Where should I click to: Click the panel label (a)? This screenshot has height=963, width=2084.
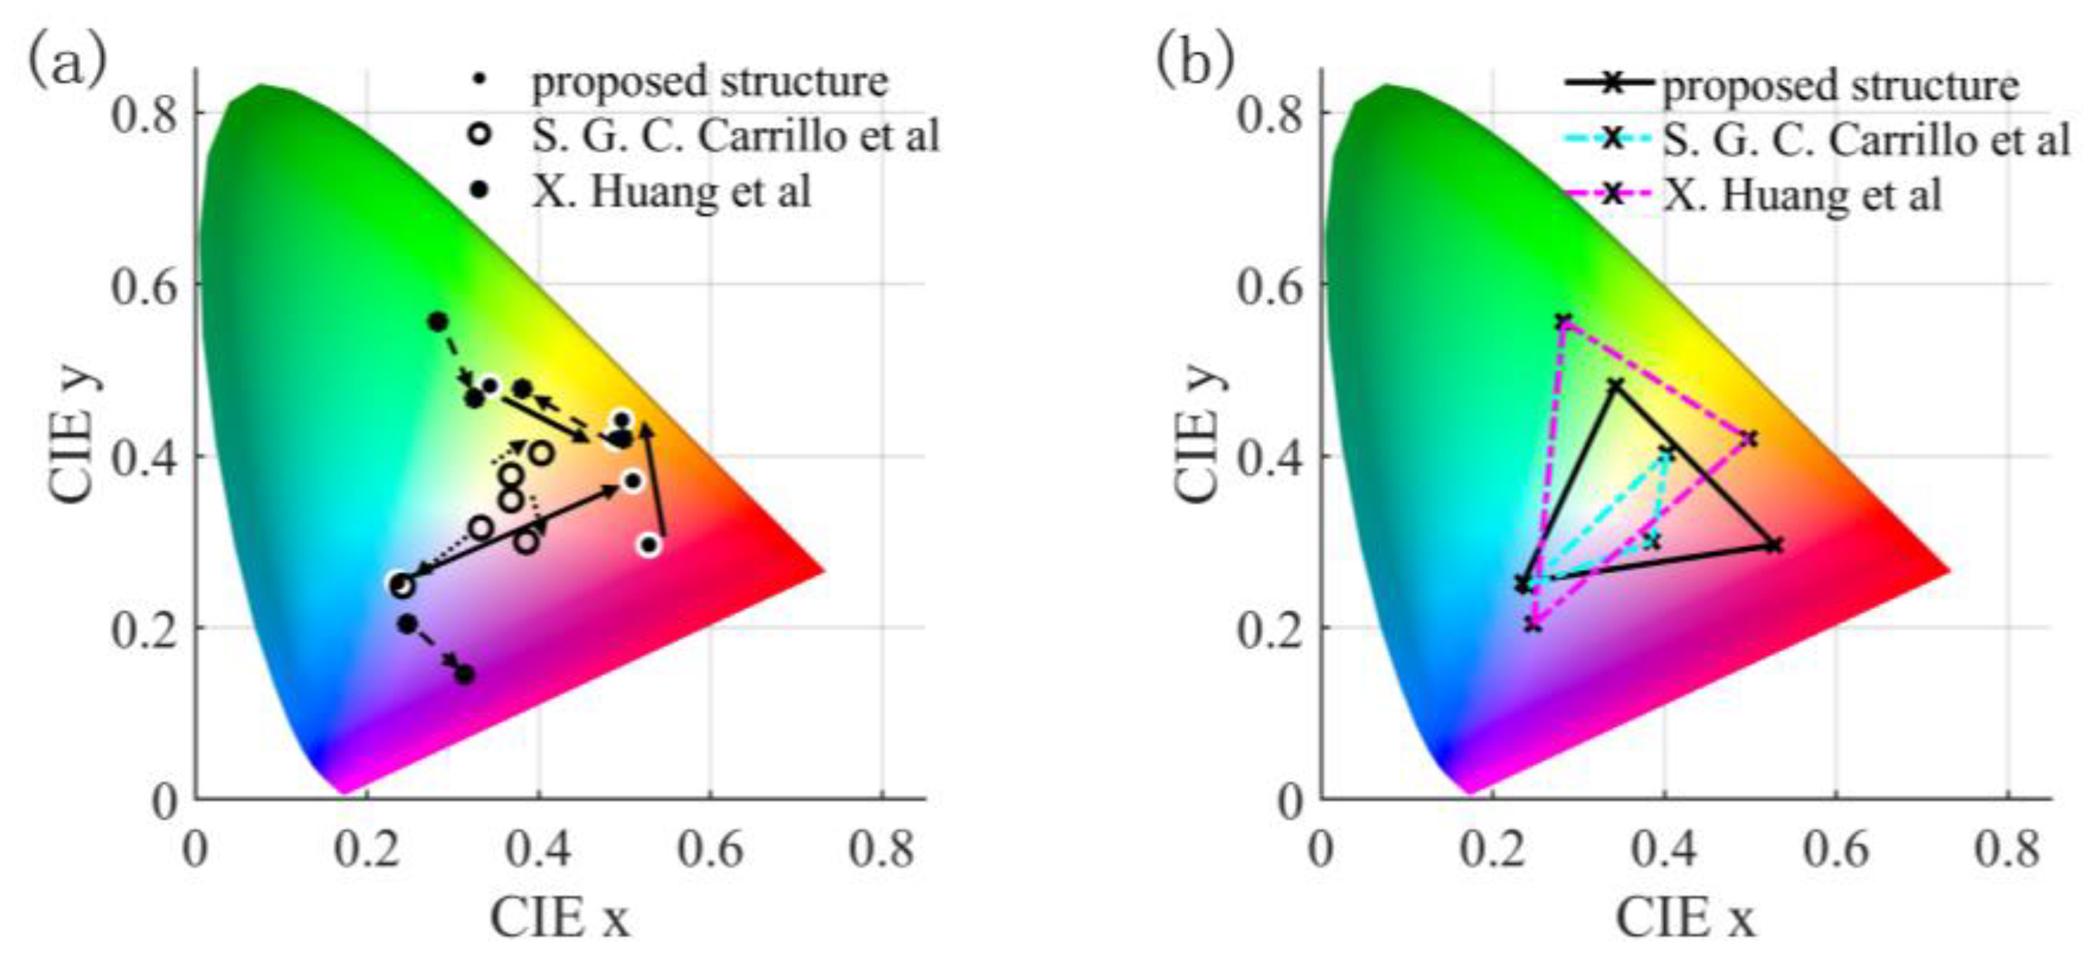66,62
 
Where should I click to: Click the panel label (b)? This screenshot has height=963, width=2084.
1195,62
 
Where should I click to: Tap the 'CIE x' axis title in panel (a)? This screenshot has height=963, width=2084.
560,919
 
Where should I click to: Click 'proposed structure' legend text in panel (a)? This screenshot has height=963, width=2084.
709,82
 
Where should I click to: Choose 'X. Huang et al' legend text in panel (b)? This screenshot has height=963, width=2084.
1802,195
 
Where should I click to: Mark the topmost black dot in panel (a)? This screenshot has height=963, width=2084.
437,322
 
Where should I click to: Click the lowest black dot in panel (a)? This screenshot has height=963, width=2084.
464,675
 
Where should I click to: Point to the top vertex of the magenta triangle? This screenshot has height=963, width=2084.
1563,321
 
